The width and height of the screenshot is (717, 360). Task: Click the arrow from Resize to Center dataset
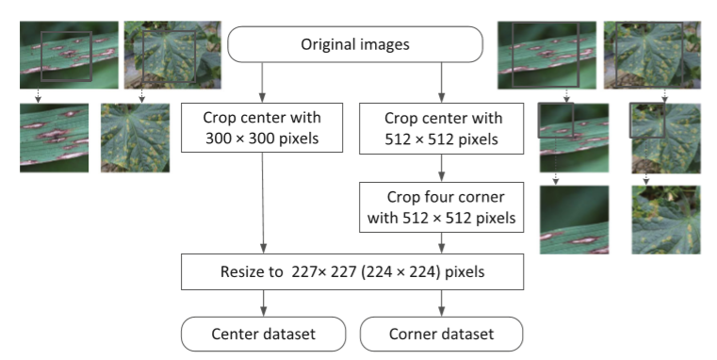tap(262, 303)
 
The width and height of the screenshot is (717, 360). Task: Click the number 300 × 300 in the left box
tap(262, 137)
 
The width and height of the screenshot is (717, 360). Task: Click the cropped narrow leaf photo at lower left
tap(55, 138)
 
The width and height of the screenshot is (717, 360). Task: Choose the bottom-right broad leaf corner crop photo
tap(666, 220)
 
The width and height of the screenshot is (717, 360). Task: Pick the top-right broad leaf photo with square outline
tap(651, 55)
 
